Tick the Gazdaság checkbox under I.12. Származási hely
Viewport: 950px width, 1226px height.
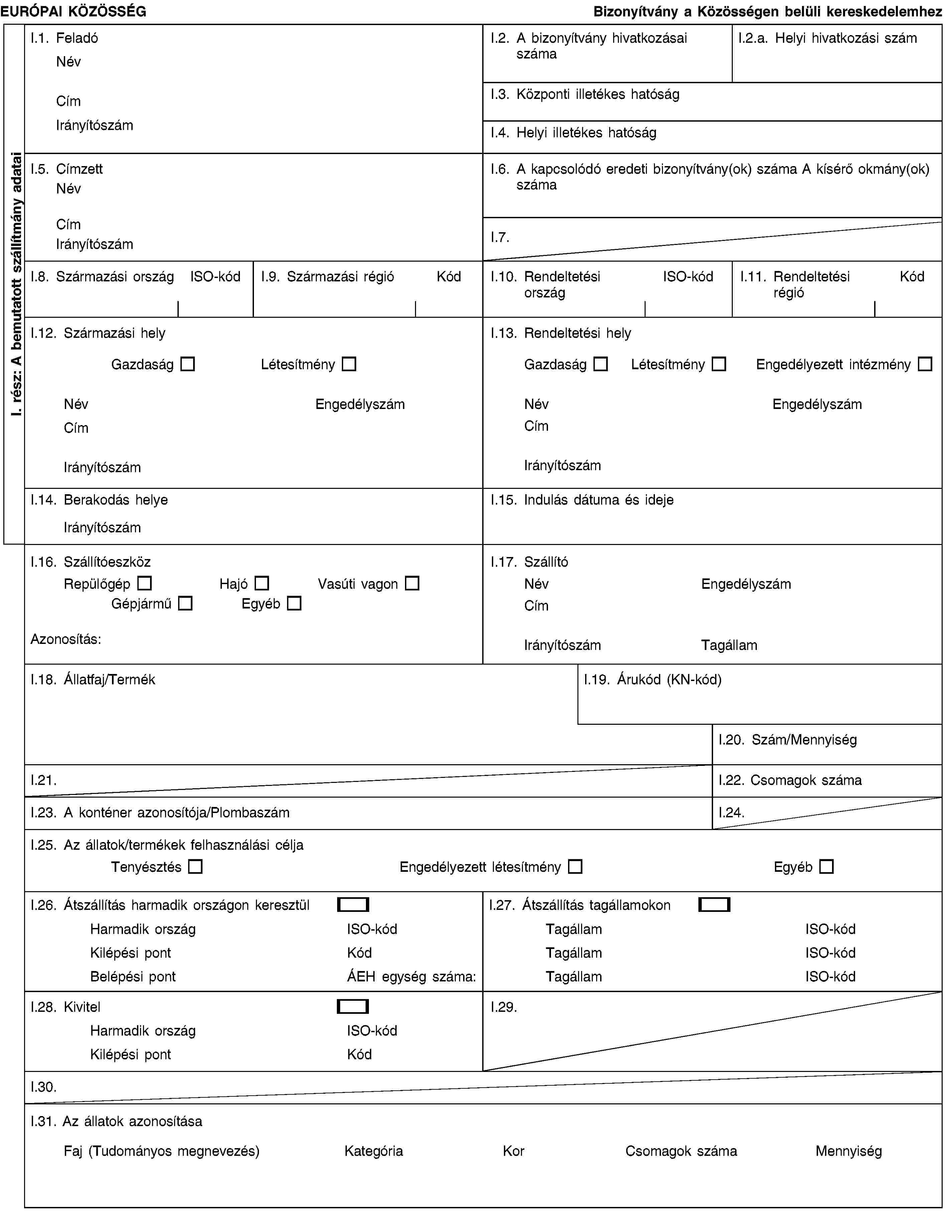coord(187,364)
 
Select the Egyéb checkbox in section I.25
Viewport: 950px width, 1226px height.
coord(826,867)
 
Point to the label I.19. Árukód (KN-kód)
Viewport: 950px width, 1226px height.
coord(652,680)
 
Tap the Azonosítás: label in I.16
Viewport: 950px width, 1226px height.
coord(66,639)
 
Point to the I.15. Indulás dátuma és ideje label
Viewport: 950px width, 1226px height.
coord(582,500)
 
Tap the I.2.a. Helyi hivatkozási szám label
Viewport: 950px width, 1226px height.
coord(828,38)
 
